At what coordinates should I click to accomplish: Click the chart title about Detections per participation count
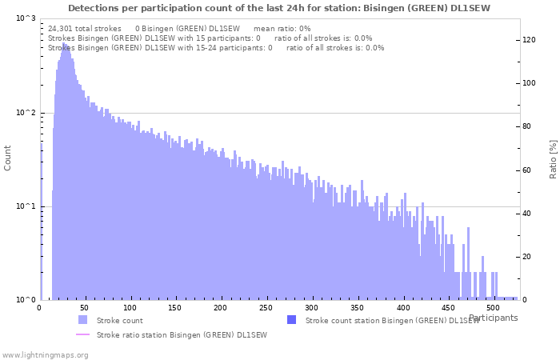(x=279, y=7)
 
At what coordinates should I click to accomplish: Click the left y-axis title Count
(x=8, y=158)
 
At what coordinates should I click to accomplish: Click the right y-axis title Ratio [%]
(x=552, y=158)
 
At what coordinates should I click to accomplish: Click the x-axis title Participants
(x=493, y=318)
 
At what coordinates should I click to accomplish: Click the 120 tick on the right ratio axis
(x=530, y=40)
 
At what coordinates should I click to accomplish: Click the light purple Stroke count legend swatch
(x=82, y=320)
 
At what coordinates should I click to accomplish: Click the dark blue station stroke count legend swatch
(x=291, y=320)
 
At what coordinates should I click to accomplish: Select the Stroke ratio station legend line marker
(x=82, y=334)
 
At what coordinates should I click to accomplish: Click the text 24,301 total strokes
(x=85, y=28)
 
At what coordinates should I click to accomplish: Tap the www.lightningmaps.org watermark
(x=45, y=354)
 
